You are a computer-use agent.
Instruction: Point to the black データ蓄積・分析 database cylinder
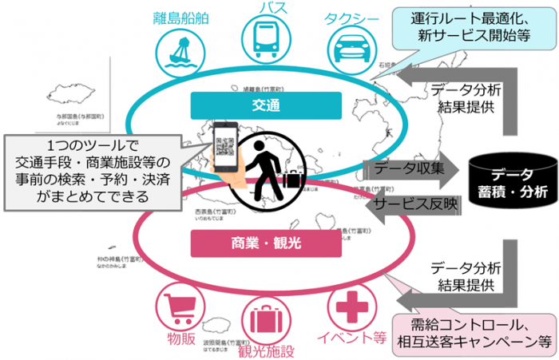(507, 180)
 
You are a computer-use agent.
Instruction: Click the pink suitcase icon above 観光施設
(265, 318)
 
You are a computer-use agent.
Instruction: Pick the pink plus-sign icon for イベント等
(349, 307)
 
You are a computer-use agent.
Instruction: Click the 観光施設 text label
(266, 350)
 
